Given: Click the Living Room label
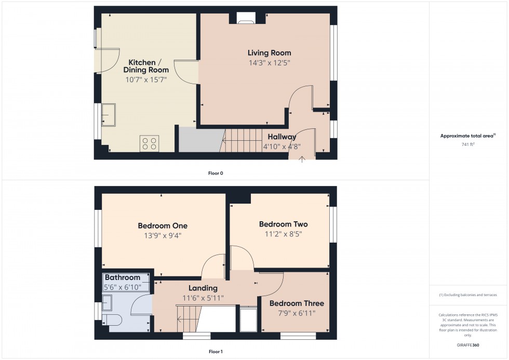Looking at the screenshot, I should pyautogui.click(x=269, y=53).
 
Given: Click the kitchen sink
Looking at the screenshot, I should pyautogui.click(x=109, y=114).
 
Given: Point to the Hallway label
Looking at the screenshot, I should pyautogui.click(x=282, y=137).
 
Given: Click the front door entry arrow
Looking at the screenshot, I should pyautogui.click(x=303, y=158).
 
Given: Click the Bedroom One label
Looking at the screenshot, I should pyautogui.click(x=163, y=226).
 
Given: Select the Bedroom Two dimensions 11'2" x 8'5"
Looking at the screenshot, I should pyautogui.click(x=283, y=234).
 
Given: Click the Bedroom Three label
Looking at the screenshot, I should pyautogui.click(x=297, y=303).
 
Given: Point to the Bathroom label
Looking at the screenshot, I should pyautogui.click(x=123, y=278).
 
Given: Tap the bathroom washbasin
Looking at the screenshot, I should pyautogui.click(x=108, y=302).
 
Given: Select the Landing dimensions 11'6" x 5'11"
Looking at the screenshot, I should pyautogui.click(x=203, y=298).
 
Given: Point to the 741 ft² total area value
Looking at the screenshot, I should pyautogui.click(x=468, y=144).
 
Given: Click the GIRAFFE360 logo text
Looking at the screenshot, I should pyautogui.click(x=468, y=344).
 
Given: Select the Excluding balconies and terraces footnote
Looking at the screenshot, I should pyautogui.click(x=468, y=295).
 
